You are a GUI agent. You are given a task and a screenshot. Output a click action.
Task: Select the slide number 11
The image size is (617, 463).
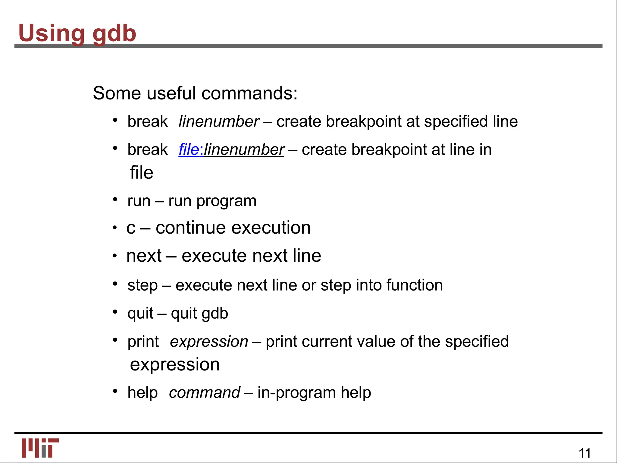tap(584, 453)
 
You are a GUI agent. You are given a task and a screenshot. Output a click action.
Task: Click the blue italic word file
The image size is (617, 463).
tap(189, 150)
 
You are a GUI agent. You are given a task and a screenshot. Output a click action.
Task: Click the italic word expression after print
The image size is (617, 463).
tap(209, 342)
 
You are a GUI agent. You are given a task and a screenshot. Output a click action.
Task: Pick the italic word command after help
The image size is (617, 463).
tap(204, 392)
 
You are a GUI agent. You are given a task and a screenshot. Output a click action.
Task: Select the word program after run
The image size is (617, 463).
tap(226, 201)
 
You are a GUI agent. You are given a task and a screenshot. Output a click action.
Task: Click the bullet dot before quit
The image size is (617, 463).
tap(115, 312)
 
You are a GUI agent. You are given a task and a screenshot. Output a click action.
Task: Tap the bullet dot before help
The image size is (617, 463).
tap(115, 391)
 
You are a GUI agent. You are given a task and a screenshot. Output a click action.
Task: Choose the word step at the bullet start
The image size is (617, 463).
tap(143, 285)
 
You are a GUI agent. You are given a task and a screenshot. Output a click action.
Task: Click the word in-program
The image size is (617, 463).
tap(296, 393)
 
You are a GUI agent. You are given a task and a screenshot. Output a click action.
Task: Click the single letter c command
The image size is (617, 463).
tap(131, 228)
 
